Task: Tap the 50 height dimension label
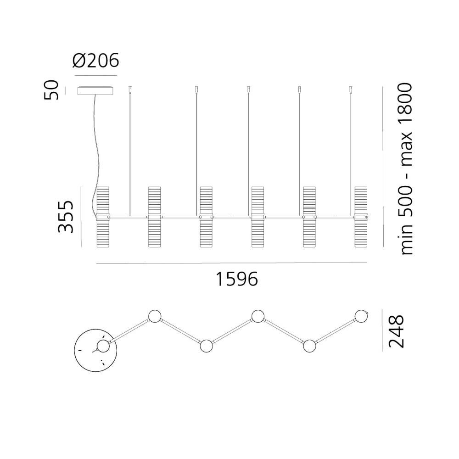[x=51, y=90]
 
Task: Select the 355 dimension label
[x=66, y=217]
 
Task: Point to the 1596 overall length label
[x=237, y=279]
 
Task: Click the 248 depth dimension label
[x=396, y=331]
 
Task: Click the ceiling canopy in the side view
[x=96, y=91]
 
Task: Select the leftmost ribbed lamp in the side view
[x=103, y=217]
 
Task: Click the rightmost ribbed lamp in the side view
[x=361, y=217]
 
